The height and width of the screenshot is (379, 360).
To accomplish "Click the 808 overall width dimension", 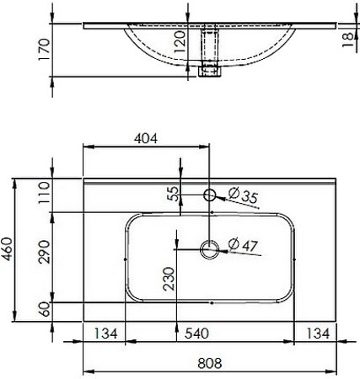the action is pos(210,363).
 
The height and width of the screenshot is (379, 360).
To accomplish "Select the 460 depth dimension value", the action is pos(7,249).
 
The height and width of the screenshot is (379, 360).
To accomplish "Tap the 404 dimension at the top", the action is pos(146,138).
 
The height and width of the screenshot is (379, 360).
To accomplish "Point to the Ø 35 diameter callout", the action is pos(243,195).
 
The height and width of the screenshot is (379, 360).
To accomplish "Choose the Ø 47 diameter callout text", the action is pos(243,244).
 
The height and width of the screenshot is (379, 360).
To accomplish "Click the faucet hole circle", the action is pos(210,195).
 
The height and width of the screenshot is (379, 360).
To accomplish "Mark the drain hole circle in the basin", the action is pos(210,249).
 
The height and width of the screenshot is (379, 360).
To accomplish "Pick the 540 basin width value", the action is pos(196,334).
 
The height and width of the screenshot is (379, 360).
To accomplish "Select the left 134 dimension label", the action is pos(105,334).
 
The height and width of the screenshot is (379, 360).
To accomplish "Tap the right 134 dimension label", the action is pos(318,334).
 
